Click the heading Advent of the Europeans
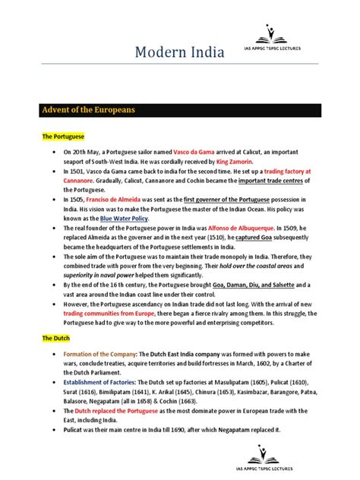[x=88, y=110]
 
